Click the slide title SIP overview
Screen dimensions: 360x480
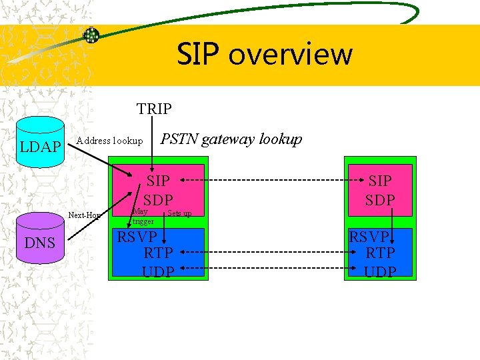[265, 54]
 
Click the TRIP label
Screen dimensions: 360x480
[154, 108]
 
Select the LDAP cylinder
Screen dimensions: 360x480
[40, 146]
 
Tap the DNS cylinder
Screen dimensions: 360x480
[40, 242]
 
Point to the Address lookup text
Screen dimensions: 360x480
[110, 141]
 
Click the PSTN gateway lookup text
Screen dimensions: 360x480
[231, 139]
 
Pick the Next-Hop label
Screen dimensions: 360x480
[84, 215]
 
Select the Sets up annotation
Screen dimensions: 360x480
[179, 213]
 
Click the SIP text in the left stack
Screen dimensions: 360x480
[158, 181]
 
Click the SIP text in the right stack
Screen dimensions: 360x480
[380, 181]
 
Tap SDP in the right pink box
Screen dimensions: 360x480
[380, 200]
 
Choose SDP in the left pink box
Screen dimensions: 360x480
[158, 200]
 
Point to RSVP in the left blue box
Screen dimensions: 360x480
[137, 237]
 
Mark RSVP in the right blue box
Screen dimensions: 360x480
[369, 237]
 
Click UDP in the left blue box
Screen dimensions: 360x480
[158, 271]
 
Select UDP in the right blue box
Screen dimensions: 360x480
[380, 271]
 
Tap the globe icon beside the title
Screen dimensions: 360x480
[91, 35]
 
